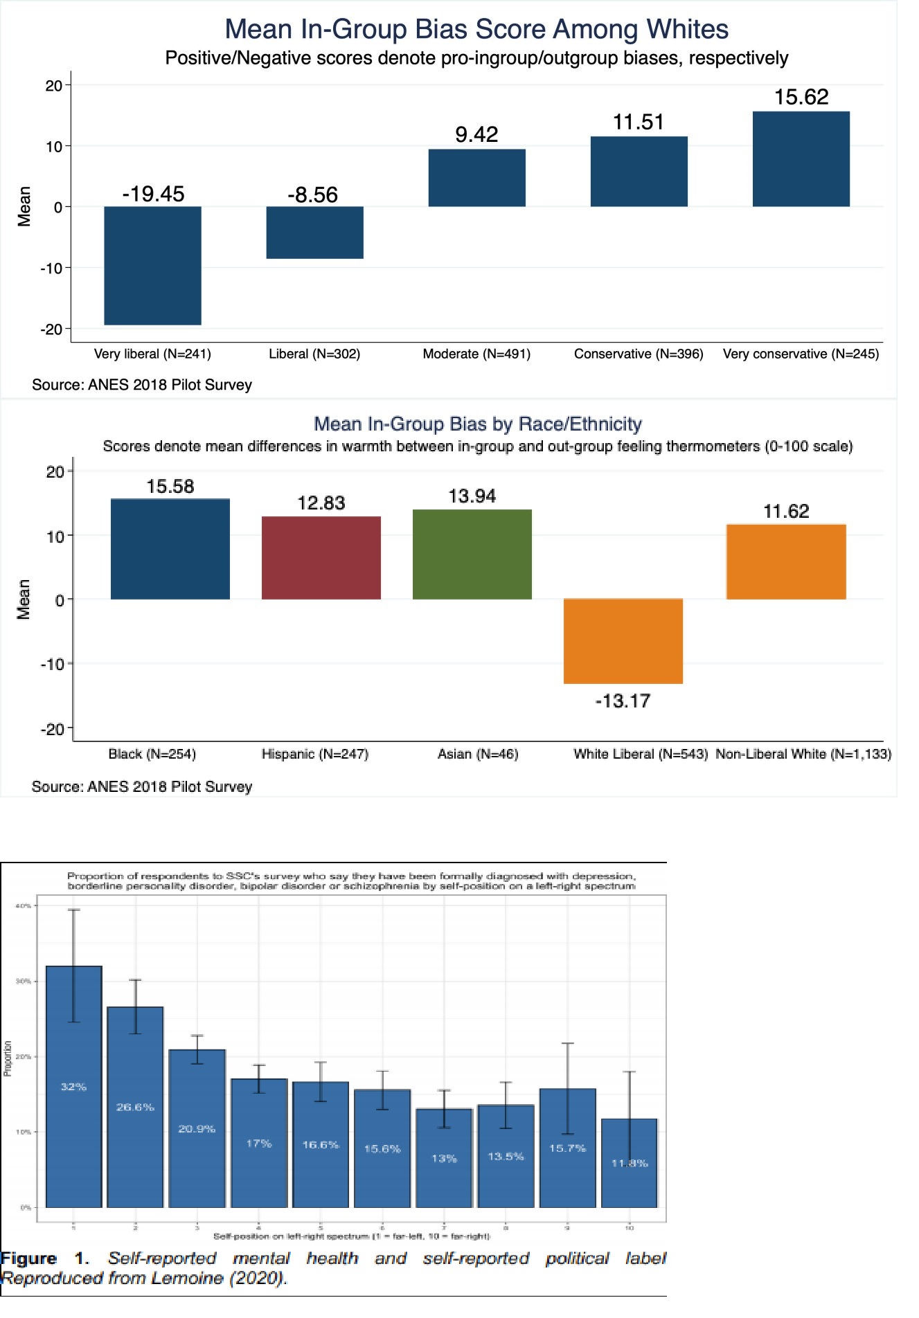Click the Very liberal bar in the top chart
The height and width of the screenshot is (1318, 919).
pyautogui.click(x=152, y=265)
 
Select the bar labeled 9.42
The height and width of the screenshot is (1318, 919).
pyautogui.click(x=476, y=178)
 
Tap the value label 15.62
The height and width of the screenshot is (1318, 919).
pyautogui.click(x=801, y=97)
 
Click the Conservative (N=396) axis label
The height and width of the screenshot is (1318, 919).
pyautogui.click(x=639, y=354)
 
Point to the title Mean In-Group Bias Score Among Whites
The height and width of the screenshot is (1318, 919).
pyautogui.click(x=476, y=29)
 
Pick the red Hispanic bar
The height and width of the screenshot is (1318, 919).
pyautogui.click(x=321, y=557)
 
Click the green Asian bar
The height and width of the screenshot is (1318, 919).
pyautogui.click(x=472, y=554)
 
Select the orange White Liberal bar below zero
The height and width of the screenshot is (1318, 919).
pyautogui.click(x=623, y=641)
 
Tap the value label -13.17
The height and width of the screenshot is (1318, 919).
pyautogui.click(x=623, y=701)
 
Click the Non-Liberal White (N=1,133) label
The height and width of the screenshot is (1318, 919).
pyautogui.click(x=803, y=754)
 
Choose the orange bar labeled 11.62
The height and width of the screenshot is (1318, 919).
pyautogui.click(x=786, y=561)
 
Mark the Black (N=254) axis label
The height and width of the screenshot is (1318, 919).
pyautogui.click(x=152, y=754)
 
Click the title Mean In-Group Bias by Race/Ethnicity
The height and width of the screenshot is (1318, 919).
pyautogui.click(x=478, y=424)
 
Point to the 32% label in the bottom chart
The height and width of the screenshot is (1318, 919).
pyautogui.click(x=73, y=1087)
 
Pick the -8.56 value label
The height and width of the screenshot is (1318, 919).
pyautogui.click(x=313, y=195)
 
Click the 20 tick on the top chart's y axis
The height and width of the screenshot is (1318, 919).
pyautogui.click(x=53, y=86)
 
